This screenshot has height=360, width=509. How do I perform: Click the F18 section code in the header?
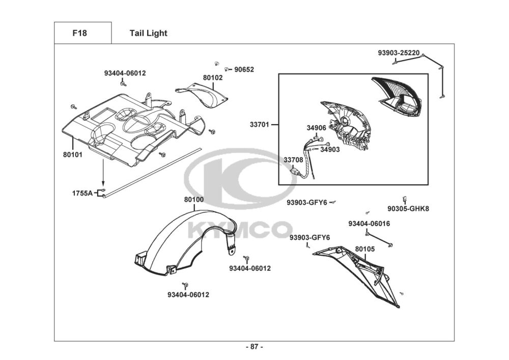(80, 34)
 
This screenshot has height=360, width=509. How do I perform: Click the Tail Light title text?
(148, 34)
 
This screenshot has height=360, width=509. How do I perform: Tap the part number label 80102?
(213, 78)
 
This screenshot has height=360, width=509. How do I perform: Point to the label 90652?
(244, 70)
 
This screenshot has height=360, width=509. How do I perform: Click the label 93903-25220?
(399, 52)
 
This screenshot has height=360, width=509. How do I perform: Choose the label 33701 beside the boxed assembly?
(260, 124)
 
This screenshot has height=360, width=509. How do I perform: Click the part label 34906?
(316, 128)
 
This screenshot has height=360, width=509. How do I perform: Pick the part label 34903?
(330, 150)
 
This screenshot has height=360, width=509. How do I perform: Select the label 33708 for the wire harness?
(293, 160)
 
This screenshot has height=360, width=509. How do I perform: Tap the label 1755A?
(82, 193)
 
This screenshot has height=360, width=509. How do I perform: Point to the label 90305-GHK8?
(408, 208)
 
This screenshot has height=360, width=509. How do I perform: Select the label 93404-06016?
(369, 224)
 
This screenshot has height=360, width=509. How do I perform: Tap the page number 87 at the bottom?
(254, 347)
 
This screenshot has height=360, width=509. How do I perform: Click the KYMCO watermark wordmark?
(240, 230)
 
